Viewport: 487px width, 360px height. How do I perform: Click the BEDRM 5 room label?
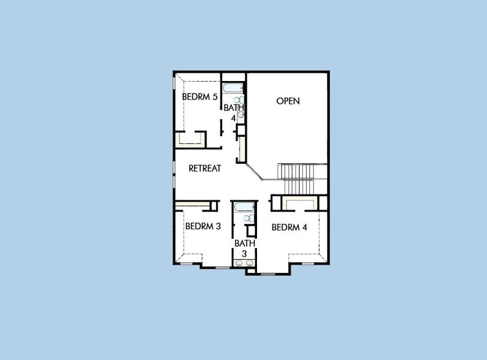(x=200, y=96)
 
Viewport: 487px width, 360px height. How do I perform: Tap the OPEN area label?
(x=288, y=101)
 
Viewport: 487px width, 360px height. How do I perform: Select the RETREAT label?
(x=205, y=169)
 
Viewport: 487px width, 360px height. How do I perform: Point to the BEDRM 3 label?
(x=203, y=226)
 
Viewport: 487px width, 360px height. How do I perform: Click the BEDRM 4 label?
(x=289, y=227)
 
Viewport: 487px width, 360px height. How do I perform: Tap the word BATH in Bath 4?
(x=234, y=108)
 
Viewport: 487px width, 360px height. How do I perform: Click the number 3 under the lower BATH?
(x=244, y=254)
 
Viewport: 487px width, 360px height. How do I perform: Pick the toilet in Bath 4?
(x=238, y=100)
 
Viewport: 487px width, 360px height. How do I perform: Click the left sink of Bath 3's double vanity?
(x=239, y=262)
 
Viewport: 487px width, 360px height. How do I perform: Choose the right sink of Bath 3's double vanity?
(x=250, y=262)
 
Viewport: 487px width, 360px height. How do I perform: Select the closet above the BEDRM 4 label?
(x=298, y=203)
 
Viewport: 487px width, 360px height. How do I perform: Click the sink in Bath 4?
(x=240, y=113)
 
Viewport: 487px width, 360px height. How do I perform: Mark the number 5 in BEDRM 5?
(x=214, y=96)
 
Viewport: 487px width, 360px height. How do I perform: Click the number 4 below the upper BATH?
(x=234, y=118)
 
